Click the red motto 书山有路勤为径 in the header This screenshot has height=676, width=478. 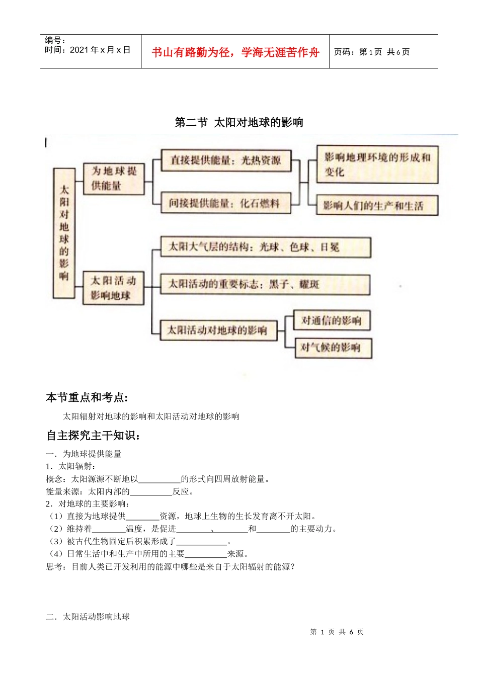(235, 52)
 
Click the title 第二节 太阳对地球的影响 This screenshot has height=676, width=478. (238, 122)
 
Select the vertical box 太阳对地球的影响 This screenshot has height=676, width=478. (64, 233)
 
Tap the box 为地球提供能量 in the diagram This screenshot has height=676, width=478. (114, 179)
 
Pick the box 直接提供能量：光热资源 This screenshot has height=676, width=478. (226, 160)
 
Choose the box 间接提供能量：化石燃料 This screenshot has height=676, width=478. (225, 203)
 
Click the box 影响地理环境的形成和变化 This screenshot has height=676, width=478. (377, 164)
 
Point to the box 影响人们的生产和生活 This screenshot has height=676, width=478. (377, 206)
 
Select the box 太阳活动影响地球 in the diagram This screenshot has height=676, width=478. (113, 288)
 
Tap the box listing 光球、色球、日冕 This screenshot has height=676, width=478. (265, 247)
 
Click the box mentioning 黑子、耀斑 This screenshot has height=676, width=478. (265, 284)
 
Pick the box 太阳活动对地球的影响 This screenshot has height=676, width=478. (218, 330)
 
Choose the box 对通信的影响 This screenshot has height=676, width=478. (332, 320)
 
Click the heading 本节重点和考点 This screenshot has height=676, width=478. (87, 398)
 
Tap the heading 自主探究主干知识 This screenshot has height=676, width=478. (93, 436)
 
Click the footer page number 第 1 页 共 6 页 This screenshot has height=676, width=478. (337, 632)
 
